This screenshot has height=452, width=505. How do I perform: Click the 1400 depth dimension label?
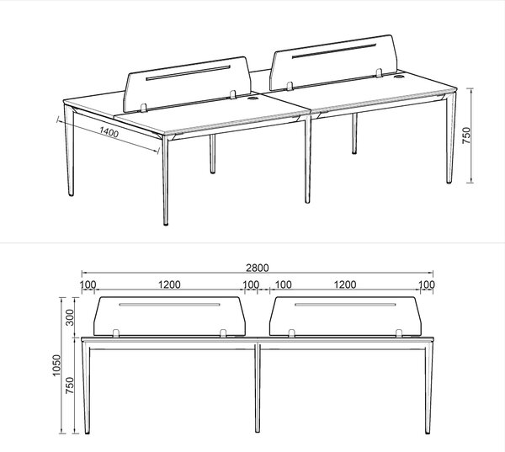109,132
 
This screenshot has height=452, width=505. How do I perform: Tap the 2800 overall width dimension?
258,268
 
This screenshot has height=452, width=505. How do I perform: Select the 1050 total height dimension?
56,365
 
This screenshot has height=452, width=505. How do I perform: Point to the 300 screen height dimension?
70,317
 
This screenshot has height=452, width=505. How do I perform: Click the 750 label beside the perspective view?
466,136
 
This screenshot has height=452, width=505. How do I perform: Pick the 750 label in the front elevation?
70,386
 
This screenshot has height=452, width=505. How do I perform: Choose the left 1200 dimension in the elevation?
170,284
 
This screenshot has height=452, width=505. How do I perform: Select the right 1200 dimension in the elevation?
345,284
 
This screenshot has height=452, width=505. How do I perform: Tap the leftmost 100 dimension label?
88,284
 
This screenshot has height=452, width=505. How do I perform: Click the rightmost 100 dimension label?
427,284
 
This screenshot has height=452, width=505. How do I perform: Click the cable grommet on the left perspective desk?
252,98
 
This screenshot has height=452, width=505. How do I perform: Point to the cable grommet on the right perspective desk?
399,77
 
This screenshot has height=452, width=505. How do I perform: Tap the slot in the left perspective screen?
188,73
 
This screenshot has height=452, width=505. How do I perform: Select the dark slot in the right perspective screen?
334,51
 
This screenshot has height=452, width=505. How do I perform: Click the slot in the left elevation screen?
170,304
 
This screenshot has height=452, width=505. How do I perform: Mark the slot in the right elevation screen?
345,304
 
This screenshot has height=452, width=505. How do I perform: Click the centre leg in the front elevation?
258,387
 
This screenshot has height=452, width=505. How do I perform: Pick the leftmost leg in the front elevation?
85,387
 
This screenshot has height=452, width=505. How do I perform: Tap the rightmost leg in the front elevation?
429,387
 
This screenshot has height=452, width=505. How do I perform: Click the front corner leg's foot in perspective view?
166,223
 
